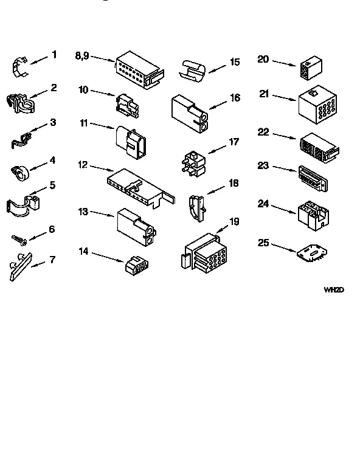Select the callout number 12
point(83,164)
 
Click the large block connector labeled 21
point(314,104)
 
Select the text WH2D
point(334,290)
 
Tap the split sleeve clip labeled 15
point(193,70)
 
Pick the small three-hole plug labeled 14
point(136,266)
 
